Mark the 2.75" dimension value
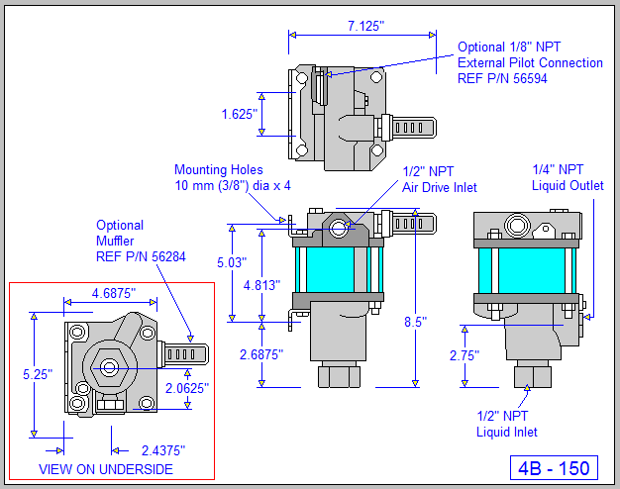[464, 355]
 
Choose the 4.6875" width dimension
[113, 294]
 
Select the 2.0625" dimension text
[187, 388]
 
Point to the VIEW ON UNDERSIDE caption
[105, 469]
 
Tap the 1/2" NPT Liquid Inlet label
[507, 424]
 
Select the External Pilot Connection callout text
[530, 62]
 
